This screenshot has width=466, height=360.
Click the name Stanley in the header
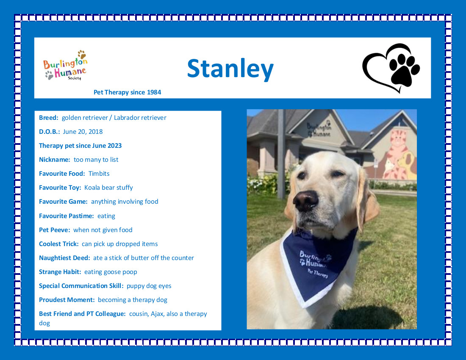(x=230, y=69)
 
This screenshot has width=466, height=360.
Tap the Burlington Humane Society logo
(x=65, y=65)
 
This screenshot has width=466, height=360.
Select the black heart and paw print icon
(x=391, y=68)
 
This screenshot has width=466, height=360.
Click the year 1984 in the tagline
(x=154, y=92)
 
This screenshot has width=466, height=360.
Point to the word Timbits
(x=99, y=174)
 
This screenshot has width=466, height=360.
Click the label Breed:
(x=48, y=118)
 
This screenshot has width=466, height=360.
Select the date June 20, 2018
(x=83, y=132)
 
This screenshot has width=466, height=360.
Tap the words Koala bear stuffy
(x=108, y=188)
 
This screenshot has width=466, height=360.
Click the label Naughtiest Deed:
(x=64, y=258)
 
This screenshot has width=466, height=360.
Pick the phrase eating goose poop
(x=111, y=272)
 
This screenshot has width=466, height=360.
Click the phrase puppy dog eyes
(x=149, y=286)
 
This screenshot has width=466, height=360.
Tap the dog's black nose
(x=306, y=201)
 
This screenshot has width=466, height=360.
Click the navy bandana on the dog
(x=318, y=264)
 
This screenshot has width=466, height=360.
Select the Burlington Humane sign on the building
(x=319, y=130)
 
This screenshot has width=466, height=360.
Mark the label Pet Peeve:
(x=54, y=230)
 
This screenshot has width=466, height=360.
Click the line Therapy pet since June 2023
(x=80, y=146)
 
